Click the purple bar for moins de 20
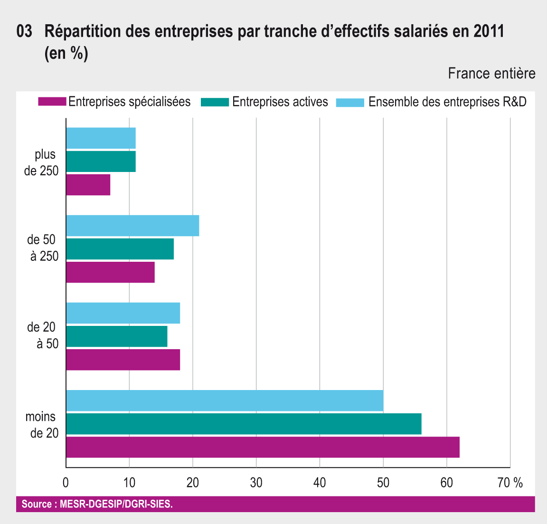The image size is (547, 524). [x=263, y=447]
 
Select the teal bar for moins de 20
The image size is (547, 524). [x=244, y=424]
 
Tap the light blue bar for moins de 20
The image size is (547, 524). [x=225, y=400]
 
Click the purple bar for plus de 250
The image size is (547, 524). [x=88, y=185]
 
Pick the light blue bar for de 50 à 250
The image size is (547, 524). [x=132, y=226]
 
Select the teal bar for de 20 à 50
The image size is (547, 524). [x=117, y=336]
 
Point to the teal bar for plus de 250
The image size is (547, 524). [x=101, y=162]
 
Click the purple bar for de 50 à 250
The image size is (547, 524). [x=110, y=272]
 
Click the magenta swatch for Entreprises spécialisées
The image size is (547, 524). [x=52, y=102]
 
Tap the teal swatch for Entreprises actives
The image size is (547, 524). [x=215, y=102]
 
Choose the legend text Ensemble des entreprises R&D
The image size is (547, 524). [x=447, y=102]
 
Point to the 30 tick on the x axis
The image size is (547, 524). [x=256, y=483]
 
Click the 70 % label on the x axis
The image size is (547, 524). [x=510, y=483]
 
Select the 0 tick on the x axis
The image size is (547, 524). [x=66, y=483]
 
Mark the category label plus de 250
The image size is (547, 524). [x=42, y=162]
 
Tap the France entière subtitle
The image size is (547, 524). [x=491, y=74]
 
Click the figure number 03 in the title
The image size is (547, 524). [x=24, y=32]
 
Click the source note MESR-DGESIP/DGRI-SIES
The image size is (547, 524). [x=116, y=504]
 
